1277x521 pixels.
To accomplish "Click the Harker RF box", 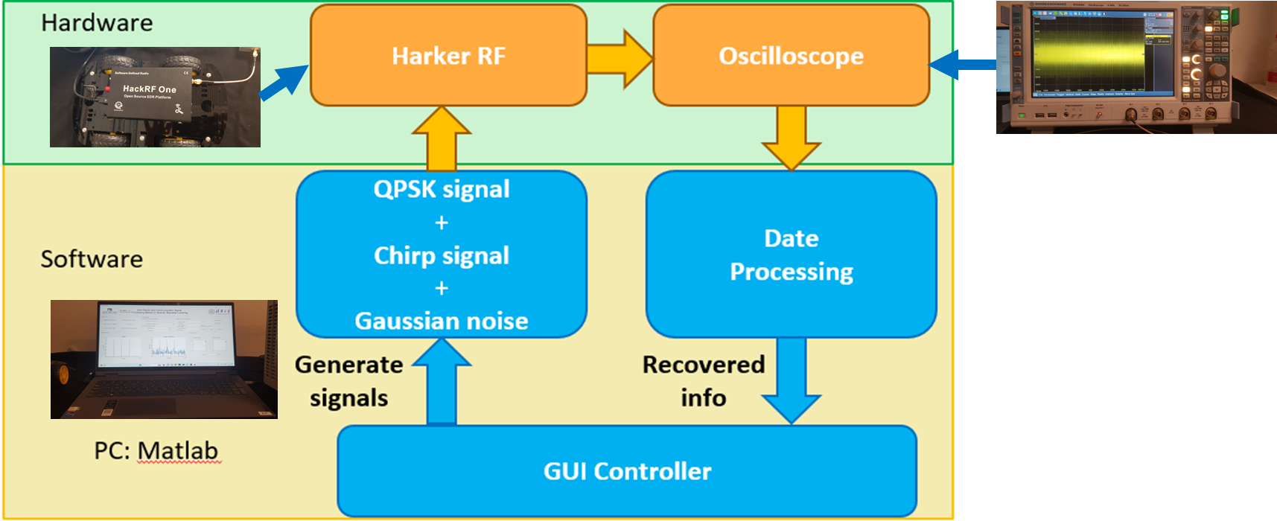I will (x=448, y=56).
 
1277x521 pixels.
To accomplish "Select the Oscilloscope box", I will (x=791, y=56).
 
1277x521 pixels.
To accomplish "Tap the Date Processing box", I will (x=791, y=255).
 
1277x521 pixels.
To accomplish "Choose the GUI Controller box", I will (x=627, y=471).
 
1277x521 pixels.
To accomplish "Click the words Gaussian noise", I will (x=442, y=321).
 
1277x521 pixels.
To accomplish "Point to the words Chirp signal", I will (x=442, y=255).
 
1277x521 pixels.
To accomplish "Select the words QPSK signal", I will (x=442, y=189).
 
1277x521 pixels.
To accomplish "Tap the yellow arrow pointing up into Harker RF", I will (x=442, y=138).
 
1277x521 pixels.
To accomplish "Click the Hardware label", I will (x=97, y=23).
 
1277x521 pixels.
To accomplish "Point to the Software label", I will (x=92, y=259).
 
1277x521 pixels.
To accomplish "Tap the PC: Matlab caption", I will (x=156, y=451).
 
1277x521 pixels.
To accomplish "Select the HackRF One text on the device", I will (x=150, y=89).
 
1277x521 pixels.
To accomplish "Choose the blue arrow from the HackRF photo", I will (x=284, y=82).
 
